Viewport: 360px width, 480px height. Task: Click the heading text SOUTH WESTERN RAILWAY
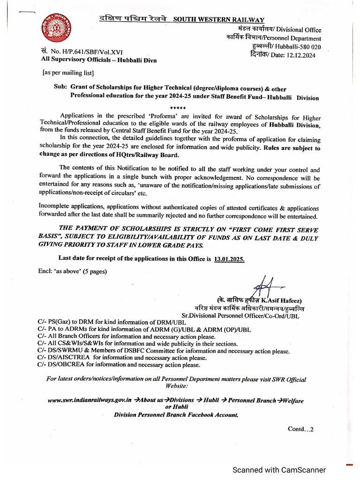tap(218, 19)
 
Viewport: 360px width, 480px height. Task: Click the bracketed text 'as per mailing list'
tap(68, 73)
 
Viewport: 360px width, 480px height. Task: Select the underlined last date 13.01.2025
tap(229, 258)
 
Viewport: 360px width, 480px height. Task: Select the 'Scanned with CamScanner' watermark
tap(279, 470)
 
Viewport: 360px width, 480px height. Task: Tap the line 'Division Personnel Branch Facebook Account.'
tap(176, 415)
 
